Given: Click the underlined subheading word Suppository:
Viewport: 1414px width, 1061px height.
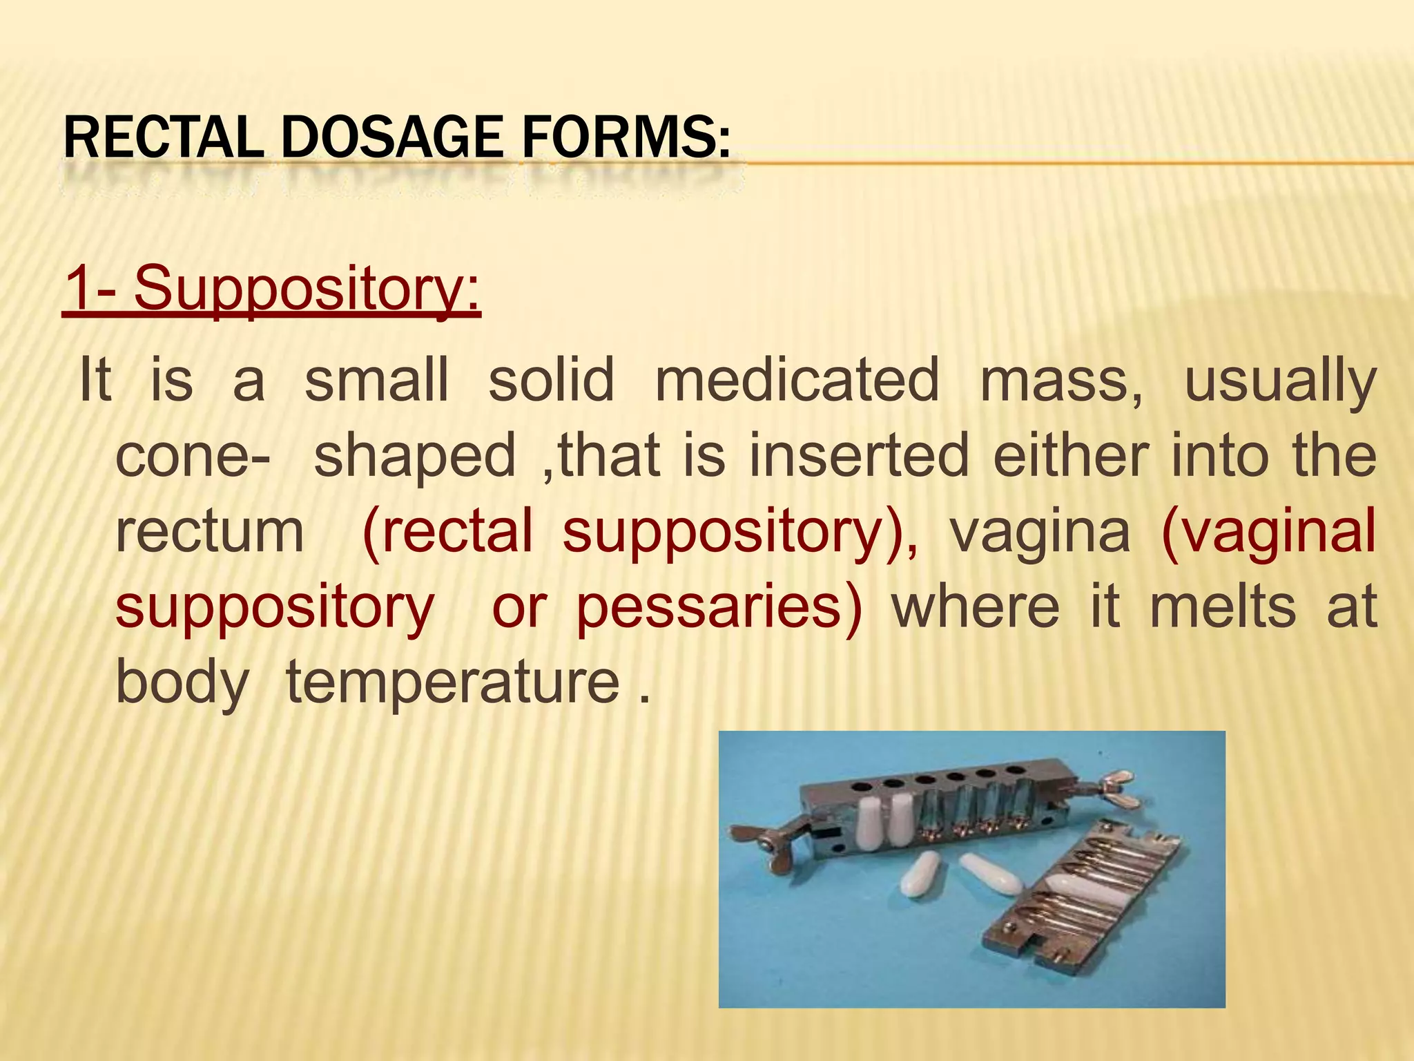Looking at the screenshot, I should [307, 288].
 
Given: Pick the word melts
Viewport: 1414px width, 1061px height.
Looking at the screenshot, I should [1223, 606].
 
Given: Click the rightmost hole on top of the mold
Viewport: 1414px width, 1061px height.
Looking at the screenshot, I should [1016, 770].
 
